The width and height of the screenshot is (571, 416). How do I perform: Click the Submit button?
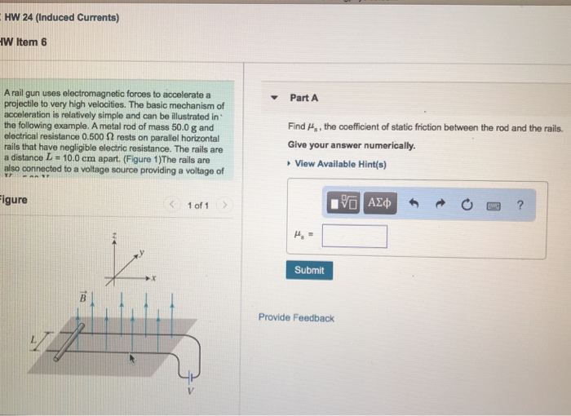309,270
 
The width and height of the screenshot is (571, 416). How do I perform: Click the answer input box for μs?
354,237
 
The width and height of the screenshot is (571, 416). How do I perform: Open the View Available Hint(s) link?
340,164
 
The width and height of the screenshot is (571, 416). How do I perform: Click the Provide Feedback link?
296,318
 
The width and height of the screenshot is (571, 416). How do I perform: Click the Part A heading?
303,98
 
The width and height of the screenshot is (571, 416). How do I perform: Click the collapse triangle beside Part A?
275,99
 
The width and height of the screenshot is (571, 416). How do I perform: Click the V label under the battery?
192,390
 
